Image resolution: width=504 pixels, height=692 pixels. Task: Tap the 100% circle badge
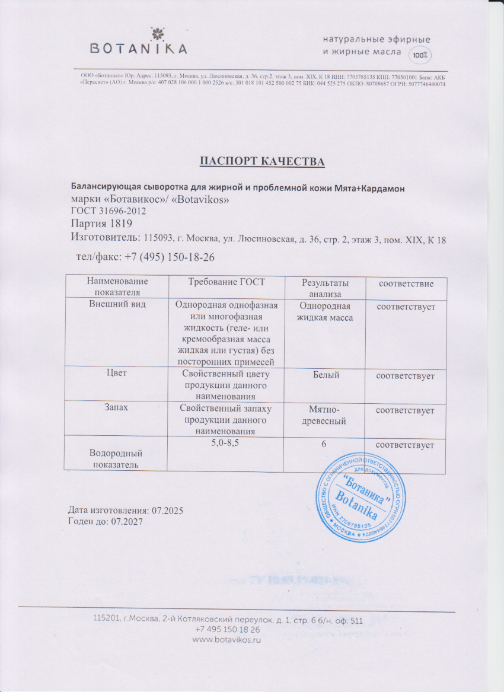[420, 55]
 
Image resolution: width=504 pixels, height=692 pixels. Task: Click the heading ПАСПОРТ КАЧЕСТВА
[261, 161]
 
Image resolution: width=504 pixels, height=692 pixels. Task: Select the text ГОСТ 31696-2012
[108, 211]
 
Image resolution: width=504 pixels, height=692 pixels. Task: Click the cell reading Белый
[325, 376]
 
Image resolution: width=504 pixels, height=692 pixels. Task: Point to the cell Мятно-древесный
[325, 415]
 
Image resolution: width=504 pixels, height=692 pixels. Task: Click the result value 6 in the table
[325, 445]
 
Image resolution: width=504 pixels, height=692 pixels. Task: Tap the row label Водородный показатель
[116, 459]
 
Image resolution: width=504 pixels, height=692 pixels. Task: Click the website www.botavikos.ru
[227, 640]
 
